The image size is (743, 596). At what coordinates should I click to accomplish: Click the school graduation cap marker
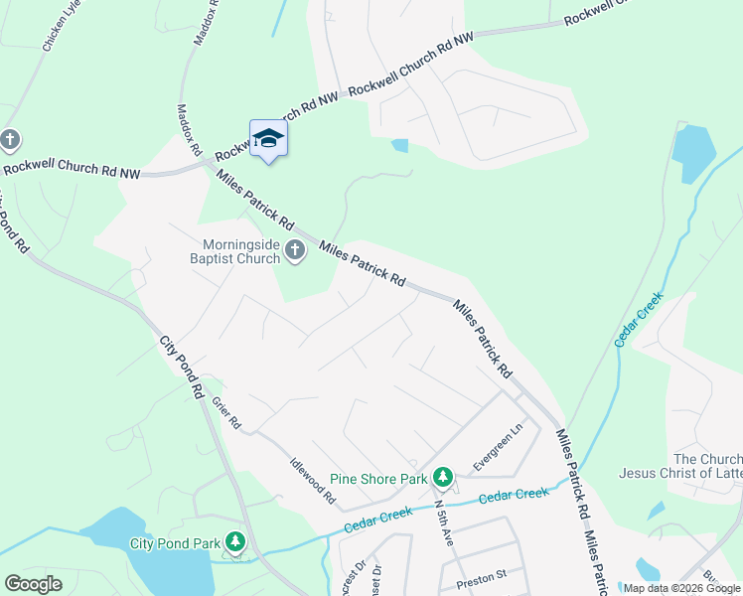[268, 138]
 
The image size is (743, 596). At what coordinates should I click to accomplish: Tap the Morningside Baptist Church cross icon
[295, 251]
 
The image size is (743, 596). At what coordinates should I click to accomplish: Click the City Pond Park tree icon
[235, 542]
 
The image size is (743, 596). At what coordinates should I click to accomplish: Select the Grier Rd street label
[226, 412]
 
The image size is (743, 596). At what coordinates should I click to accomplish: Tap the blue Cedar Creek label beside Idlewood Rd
[377, 515]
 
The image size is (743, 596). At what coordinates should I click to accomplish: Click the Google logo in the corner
[33, 584]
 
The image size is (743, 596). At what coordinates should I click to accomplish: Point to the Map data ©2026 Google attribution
[681, 588]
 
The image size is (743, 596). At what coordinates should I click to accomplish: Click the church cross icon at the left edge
[10, 140]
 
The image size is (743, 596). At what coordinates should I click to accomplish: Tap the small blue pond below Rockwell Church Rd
[399, 145]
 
